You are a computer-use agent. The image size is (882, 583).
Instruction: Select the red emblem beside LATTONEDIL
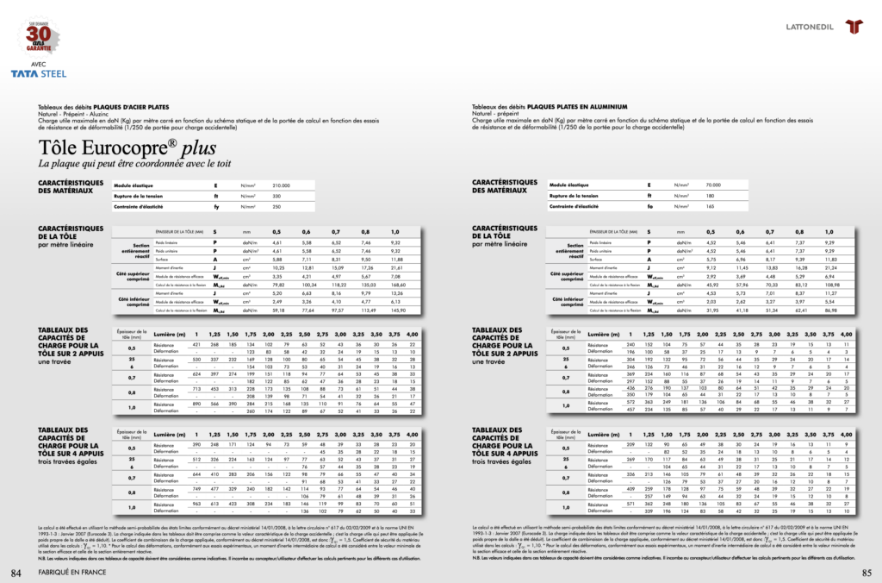[x=854, y=25]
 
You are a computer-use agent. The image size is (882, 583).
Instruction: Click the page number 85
[x=866, y=573]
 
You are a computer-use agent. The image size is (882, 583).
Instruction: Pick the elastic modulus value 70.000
[x=713, y=185]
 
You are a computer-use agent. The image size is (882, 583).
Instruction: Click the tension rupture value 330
[x=277, y=196]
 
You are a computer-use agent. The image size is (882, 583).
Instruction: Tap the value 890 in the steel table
[x=196, y=404]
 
